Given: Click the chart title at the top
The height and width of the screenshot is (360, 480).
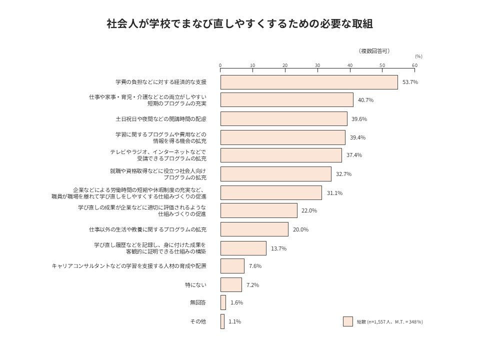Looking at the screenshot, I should click(x=239, y=24).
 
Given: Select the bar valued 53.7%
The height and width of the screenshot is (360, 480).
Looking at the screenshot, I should click(x=309, y=82).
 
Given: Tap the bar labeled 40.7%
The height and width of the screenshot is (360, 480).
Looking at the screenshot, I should click(x=286, y=100).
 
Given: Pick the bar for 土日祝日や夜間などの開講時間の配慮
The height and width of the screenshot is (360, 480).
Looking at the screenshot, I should click(x=283, y=119).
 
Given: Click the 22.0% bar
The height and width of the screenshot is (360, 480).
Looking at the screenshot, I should click(x=258, y=210).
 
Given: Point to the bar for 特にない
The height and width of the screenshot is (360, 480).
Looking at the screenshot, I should click(x=231, y=285).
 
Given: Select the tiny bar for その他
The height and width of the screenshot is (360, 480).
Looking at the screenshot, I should click(x=222, y=321).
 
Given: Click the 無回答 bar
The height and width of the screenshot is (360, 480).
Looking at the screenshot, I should click(x=223, y=302).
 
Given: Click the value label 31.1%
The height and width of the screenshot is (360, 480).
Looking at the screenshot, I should click(x=334, y=193).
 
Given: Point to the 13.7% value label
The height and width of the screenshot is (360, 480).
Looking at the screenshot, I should click(x=278, y=248).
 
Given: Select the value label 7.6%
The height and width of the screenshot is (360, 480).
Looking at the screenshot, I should click(x=255, y=266).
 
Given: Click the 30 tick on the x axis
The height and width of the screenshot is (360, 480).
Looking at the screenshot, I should click(x=317, y=65).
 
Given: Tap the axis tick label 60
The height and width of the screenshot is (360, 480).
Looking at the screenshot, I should click(x=414, y=65).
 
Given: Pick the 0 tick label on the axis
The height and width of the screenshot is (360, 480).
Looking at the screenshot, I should click(x=220, y=65).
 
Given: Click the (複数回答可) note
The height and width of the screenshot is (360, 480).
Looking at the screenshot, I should click(x=374, y=51).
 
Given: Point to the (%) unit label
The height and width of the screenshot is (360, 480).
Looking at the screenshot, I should click(x=418, y=56).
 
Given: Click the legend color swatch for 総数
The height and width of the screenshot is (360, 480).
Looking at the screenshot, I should click(x=348, y=321).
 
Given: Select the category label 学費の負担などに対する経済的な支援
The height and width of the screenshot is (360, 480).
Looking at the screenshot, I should click(x=160, y=82).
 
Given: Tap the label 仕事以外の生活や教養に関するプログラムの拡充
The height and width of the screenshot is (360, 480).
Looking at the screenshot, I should click(x=147, y=229).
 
